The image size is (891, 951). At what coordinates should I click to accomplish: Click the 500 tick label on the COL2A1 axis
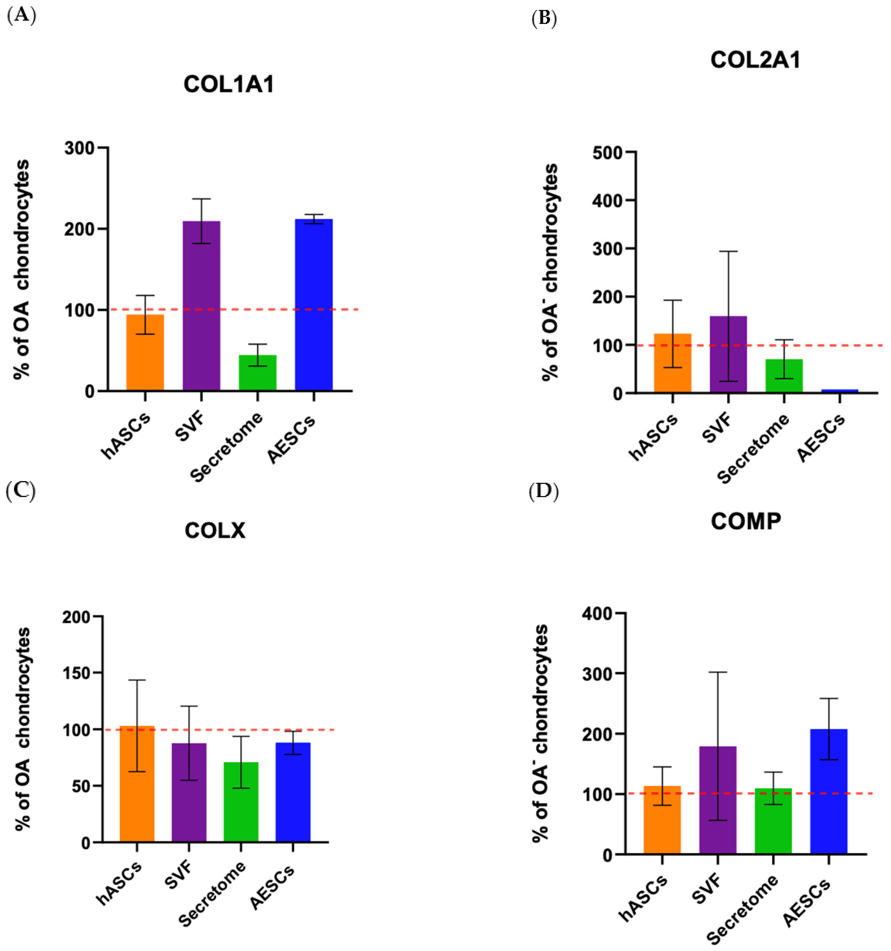click(608, 153)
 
